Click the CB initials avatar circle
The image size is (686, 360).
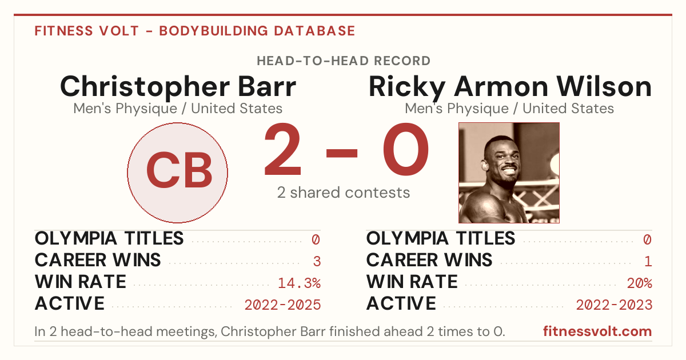177,173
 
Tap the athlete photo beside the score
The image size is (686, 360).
509,173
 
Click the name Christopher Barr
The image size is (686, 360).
178,87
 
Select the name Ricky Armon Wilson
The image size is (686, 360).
510,87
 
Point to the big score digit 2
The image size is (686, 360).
282,149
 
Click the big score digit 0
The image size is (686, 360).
406,149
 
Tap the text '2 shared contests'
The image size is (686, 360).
344,193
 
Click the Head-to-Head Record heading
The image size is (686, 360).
344,61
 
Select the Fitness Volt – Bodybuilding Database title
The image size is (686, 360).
195,31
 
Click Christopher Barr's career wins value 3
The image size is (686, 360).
317,262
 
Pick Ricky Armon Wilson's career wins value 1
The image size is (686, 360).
648,262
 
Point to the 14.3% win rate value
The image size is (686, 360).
299,283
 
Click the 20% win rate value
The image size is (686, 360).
640,283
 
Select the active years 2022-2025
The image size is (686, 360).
282,305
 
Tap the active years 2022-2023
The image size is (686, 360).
614,305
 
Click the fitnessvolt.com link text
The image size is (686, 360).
597,331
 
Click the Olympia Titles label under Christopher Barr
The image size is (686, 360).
109,238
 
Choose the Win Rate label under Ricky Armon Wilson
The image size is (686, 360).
412,282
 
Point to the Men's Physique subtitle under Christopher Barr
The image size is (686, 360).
178,109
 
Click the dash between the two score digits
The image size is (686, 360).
342,153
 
